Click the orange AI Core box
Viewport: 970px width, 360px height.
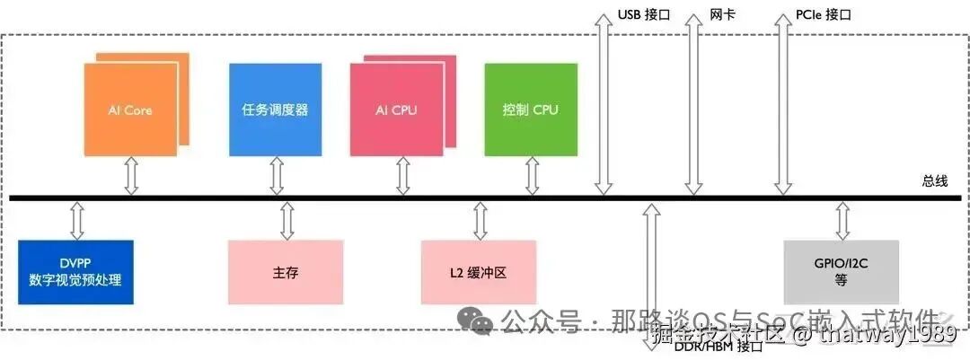(x=130, y=110)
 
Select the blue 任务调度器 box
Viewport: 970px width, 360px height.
(x=275, y=110)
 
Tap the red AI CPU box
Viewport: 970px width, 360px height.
(x=396, y=110)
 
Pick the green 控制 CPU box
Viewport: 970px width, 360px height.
(x=530, y=110)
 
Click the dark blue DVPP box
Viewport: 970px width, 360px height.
(x=75, y=271)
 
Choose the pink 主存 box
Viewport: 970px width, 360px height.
(x=285, y=271)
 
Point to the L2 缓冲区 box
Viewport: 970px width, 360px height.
(x=479, y=271)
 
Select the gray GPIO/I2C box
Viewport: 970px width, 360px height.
(x=841, y=271)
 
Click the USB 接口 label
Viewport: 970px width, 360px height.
(x=644, y=15)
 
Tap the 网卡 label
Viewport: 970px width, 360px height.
(x=722, y=15)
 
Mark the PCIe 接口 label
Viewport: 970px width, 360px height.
(x=823, y=15)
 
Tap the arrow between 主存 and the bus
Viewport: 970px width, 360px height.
(x=287, y=220)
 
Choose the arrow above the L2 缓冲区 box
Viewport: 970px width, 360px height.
(x=480, y=220)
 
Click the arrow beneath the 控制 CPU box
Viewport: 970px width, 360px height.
(x=532, y=176)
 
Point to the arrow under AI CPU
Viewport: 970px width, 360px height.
(x=401, y=176)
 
